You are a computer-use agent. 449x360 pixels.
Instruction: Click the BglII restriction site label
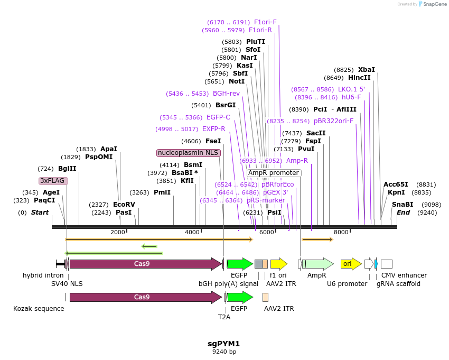point(67,169)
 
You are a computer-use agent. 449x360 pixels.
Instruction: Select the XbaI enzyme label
point(366,69)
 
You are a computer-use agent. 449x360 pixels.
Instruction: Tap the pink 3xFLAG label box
point(53,181)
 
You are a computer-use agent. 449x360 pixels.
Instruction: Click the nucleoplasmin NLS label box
point(189,153)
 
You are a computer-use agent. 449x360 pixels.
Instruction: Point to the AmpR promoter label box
point(274,173)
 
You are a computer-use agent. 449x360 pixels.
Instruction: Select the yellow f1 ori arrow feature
point(278,263)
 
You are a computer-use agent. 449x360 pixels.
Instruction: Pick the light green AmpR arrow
point(317,263)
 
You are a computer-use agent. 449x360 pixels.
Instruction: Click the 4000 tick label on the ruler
point(192,233)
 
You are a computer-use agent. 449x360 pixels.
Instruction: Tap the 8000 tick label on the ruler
point(342,233)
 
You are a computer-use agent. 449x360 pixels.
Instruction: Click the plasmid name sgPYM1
point(224,343)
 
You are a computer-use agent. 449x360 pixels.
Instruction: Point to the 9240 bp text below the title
point(224,352)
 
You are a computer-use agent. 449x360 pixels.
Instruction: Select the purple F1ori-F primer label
point(265,22)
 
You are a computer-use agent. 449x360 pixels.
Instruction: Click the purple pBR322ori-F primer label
point(333,121)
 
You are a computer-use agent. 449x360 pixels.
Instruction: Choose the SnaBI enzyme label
point(403,205)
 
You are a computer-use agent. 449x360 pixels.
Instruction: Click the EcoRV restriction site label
point(124,205)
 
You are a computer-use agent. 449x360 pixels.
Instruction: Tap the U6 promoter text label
point(347,284)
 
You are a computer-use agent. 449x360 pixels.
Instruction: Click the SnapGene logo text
point(434,4)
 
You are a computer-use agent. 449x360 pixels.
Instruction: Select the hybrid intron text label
point(43,275)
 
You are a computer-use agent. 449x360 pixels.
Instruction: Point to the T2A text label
point(224,317)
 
